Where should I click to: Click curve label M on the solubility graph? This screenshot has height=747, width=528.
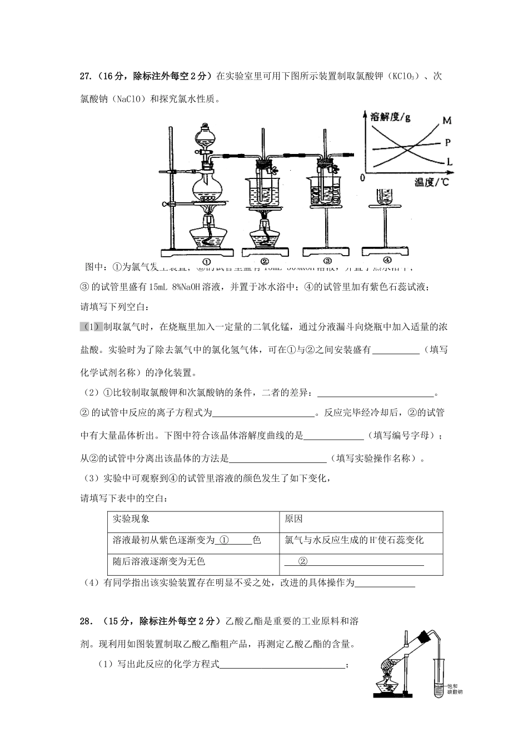coord(447,120)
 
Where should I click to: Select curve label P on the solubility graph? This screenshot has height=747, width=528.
coord(447,142)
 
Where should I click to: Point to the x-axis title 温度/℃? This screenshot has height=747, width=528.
coord(431,182)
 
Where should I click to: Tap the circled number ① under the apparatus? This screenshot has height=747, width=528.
coord(206,261)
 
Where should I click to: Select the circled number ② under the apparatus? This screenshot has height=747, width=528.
coord(265,261)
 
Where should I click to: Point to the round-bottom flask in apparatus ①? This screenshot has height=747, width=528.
coord(207,187)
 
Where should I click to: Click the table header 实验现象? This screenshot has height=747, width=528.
coord(131,519)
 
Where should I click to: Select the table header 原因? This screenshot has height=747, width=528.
coord(293,519)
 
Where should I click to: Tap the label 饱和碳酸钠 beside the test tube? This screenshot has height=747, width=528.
coord(455,689)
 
